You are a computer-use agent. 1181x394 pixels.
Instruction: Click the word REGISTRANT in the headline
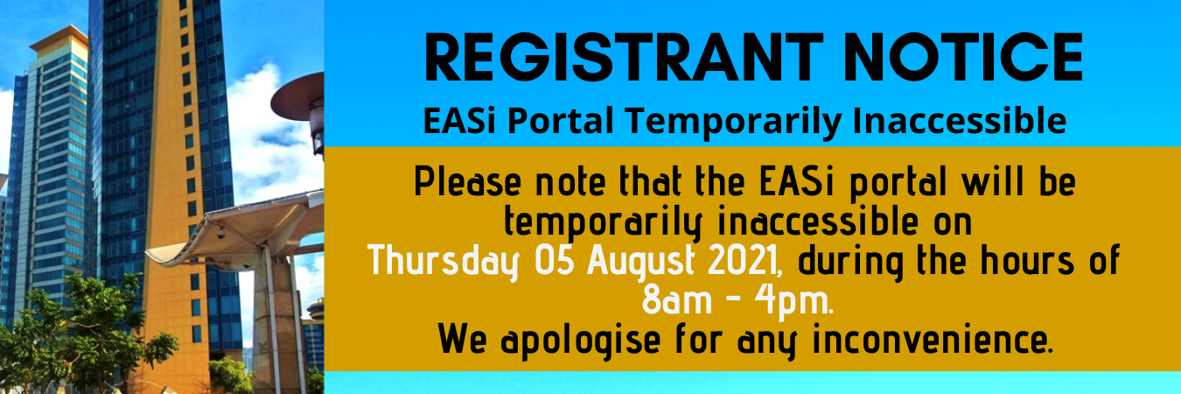tap(623, 58)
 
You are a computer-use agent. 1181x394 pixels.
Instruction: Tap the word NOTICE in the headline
tap(963, 58)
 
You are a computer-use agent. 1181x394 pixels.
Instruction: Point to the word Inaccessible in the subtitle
tap(960, 121)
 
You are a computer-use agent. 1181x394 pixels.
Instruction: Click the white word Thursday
tap(444, 261)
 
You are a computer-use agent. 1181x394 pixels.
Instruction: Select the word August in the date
tap(641, 262)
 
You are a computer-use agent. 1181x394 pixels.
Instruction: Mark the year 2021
tap(745, 260)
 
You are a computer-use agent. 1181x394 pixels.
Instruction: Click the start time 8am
tap(677, 300)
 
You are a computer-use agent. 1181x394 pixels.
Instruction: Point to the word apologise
tap(581, 341)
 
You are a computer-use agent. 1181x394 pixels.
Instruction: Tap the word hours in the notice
tap(1027, 260)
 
